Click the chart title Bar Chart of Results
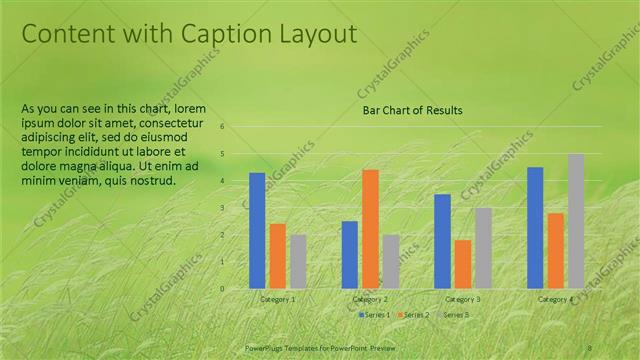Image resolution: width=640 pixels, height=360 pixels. coord(412,110)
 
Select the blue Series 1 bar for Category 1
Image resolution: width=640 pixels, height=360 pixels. coord(257,230)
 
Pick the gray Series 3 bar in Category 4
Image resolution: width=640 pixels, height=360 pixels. coord(576,220)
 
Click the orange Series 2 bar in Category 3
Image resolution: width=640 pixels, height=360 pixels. coord(462,263)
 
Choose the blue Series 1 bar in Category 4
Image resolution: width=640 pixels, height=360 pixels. coord(535,227)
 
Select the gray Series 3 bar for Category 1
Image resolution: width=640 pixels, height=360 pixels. coord(298,261)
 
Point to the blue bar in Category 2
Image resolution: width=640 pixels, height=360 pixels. coord(349,254)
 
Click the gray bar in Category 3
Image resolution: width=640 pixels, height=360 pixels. coord(483,247)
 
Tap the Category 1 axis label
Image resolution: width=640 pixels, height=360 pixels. coord(278,299)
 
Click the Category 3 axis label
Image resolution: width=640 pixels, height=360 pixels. coord(462,299)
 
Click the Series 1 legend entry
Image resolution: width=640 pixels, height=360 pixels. coord(375,315)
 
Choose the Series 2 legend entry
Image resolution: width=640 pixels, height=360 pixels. coord(415,315)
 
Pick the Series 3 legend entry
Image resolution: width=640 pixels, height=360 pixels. coord(455,315)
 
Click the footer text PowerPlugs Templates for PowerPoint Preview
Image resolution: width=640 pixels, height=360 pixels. coord(320,346)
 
